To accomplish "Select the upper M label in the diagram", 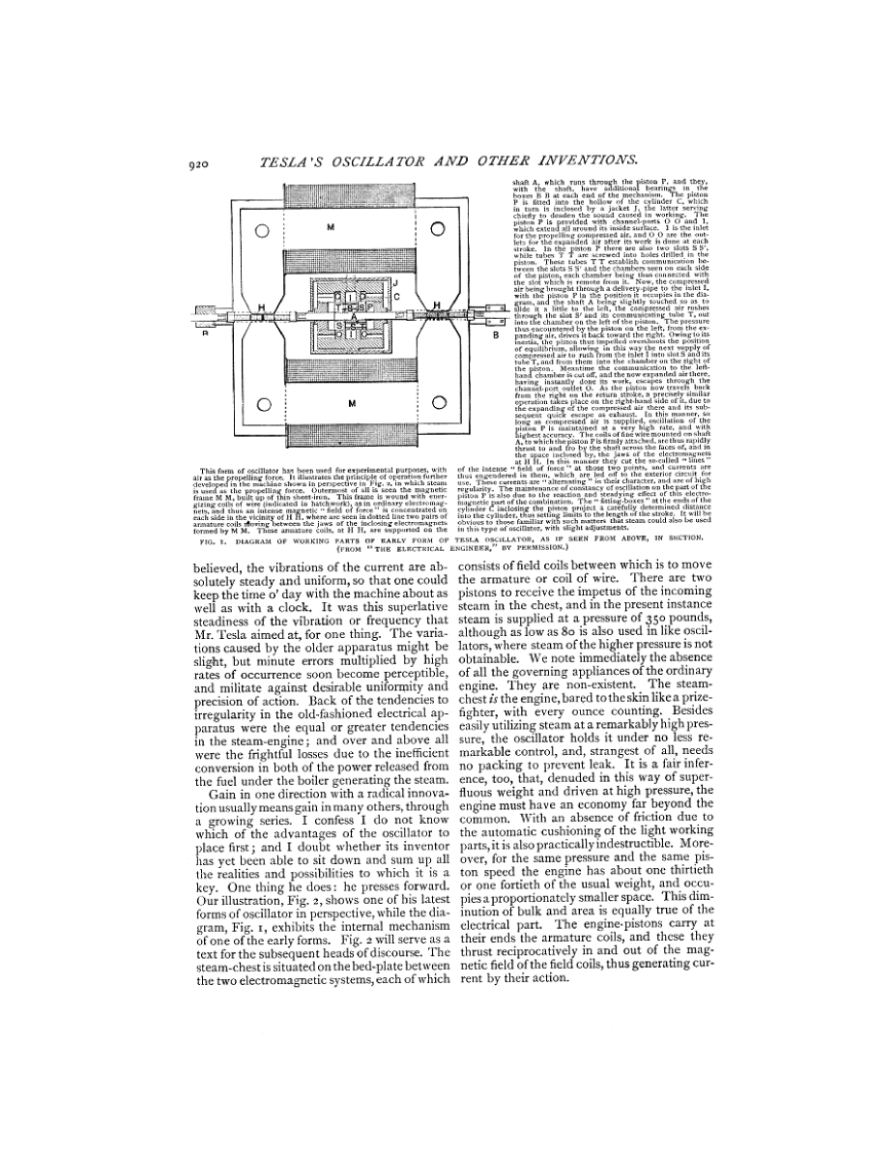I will pos(330,228).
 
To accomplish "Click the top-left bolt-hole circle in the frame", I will pos(262,230).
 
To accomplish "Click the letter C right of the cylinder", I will pos(396,296).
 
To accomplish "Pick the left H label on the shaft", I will pos(261,306).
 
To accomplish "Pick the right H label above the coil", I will pos(437,304).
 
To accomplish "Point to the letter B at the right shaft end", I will pos(495,336).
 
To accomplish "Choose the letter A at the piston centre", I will pos(354,316).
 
